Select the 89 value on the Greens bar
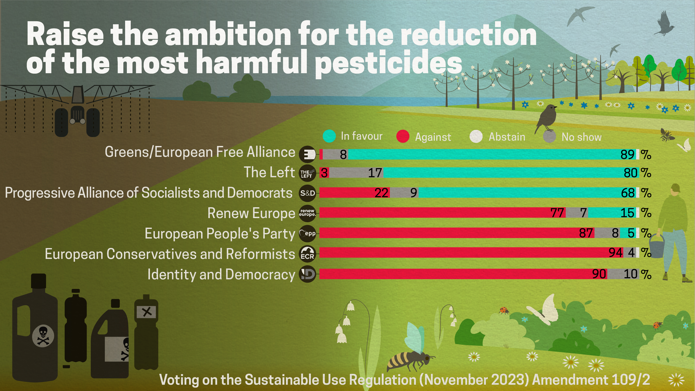tap(627, 155)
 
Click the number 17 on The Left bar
tap(375, 173)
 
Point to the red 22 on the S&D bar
tap(381, 193)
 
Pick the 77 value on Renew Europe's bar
tap(557, 213)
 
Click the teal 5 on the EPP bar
tap(631, 233)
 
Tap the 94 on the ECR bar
tap(616, 253)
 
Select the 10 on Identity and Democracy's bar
tap(630, 274)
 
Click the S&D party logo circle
tap(307, 193)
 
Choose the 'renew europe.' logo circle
tap(307, 213)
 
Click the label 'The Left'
tap(269, 172)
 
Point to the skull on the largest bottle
tap(43, 336)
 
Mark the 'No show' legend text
tap(581, 137)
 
